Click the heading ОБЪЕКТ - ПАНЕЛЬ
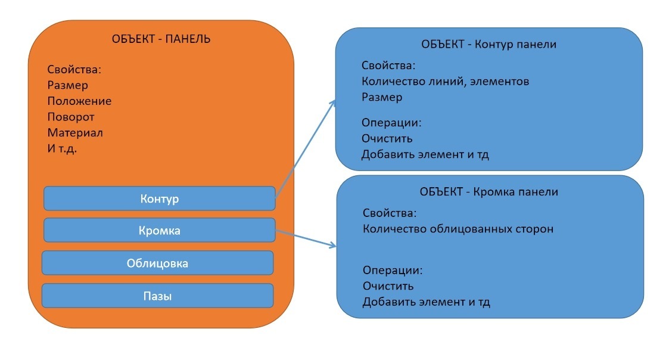[x=161, y=39]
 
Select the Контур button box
[x=160, y=198]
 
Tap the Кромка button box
[x=160, y=230]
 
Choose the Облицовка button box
[x=157, y=263]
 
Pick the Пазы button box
[x=157, y=296]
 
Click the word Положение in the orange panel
[x=79, y=101]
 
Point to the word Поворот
[x=71, y=117]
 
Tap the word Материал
[x=75, y=133]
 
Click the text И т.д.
[x=63, y=148]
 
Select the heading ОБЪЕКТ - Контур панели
[x=488, y=45]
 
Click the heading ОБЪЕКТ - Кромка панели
[x=489, y=192]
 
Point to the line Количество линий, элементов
[x=446, y=82]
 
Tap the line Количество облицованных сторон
[x=458, y=229]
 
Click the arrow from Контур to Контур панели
[x=306, y=149]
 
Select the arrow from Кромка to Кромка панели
[x=306, y=238]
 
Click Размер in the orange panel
[x=68, y=85]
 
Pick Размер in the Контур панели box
[x=382, y=97]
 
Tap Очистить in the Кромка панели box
[x=388, y=286]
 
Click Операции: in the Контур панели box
[x=391, y=123]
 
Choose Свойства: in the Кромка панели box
[x=390, y=213]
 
